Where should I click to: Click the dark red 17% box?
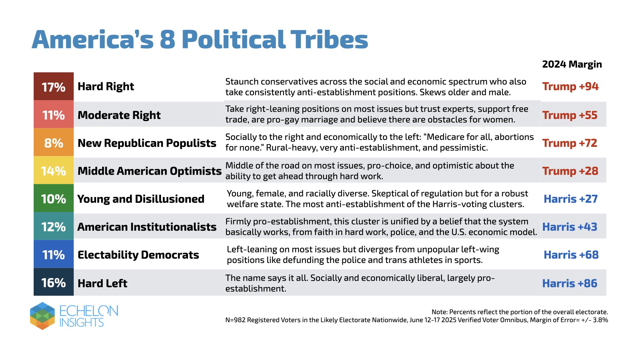tap(54, 86)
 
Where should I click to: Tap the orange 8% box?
tap(54, 142)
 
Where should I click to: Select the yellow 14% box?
tap(54, 170)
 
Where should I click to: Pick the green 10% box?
tap(54, 198)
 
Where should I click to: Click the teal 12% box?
tap(54, 226)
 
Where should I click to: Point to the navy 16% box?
tap(54, 282)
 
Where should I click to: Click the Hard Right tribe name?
tap(106, 87)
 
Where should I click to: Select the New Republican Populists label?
tap(147, 143)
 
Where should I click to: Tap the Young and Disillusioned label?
tap(141, 199)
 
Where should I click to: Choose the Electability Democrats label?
tap(138, 255)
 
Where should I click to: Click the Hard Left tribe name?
tap(102, 283)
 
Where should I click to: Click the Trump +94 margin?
tap(570, 86)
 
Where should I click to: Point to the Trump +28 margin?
tap(570, 171)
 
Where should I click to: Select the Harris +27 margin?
tap(571, 199)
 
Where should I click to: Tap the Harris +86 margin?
tap(570, 283)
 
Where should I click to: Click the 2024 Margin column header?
tap(572, 64)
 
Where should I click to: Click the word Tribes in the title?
tap(329, 39)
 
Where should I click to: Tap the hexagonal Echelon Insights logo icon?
tap(42, 316)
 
